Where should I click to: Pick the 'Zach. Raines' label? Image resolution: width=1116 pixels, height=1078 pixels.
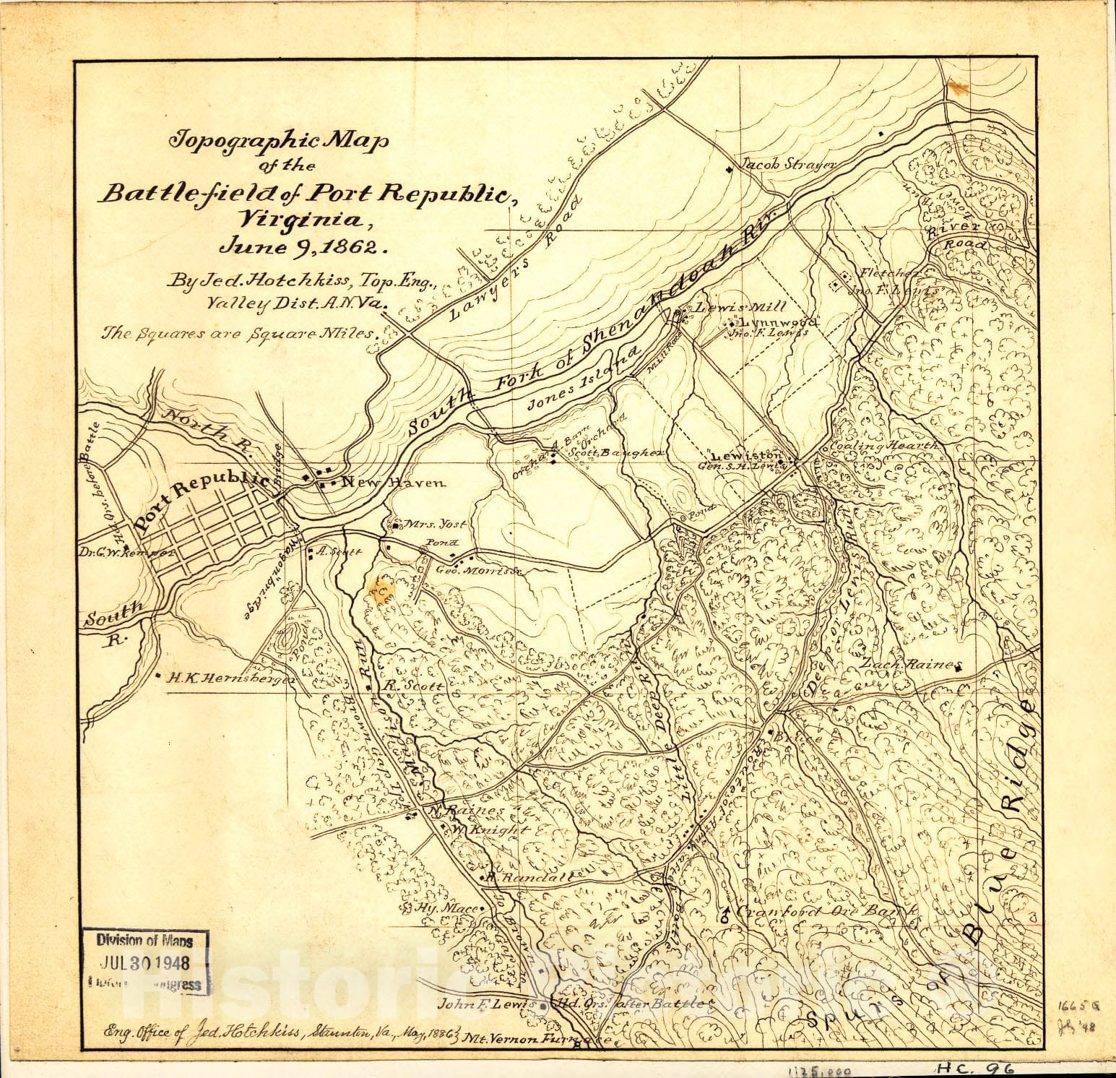pos(912,664)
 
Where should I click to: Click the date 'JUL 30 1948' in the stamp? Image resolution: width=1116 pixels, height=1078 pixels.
pos(145,963)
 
